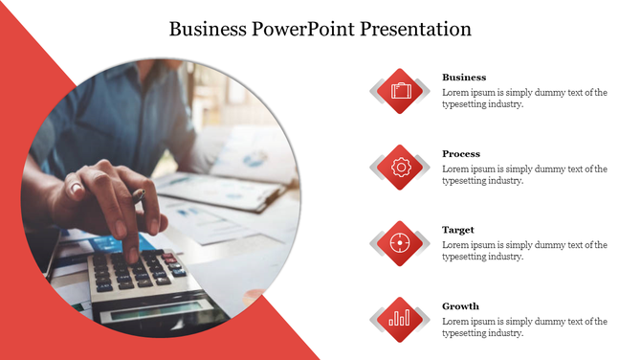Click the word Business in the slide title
click(208, 29)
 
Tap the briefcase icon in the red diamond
click(401, 91)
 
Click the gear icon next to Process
click(401, 167)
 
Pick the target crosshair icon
click(401, 243)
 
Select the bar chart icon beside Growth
click(401, 319)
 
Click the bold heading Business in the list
click(464, 77)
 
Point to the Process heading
click(461, 153)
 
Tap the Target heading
click(458, 230)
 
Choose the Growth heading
click(460, 306)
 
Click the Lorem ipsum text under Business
click(524, 99)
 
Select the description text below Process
click(524, 175)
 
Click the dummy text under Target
click(524, 251)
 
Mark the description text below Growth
click(524, 327)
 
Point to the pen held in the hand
click(140, 197)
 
